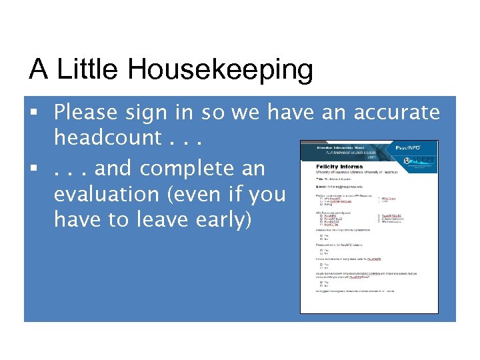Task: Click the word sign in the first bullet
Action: pos(154,113)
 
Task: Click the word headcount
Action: pos(107,138)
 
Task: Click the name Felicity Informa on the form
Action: pos(339,166)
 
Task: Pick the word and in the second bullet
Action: pos(115,169)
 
